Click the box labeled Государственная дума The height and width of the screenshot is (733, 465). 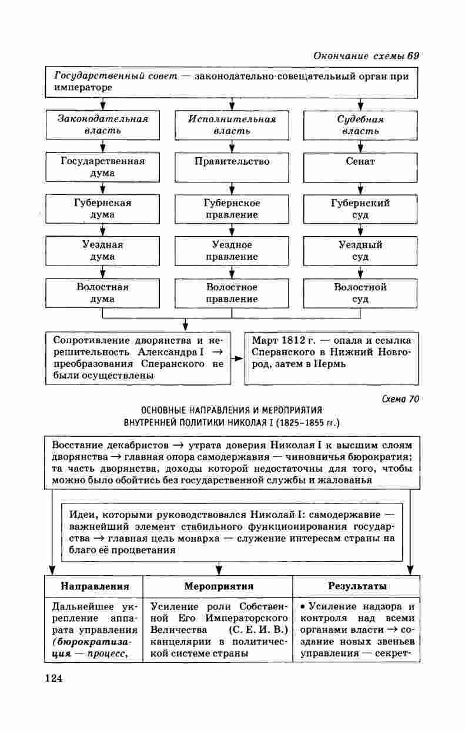point(102,167)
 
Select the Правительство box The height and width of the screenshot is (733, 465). point(232,167)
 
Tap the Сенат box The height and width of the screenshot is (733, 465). point(360,167)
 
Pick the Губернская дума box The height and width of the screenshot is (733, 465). point(102,208)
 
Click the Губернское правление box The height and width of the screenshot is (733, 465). point(232,208)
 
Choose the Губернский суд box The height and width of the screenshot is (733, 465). point(360,208)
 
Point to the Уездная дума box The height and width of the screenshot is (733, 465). point(102,250)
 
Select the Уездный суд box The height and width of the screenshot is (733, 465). point(360,250)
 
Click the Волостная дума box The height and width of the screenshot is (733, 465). point(102,293)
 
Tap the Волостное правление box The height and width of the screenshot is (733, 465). point(232,293)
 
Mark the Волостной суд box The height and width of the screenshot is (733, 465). point(360,293)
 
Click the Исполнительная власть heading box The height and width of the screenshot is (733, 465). point(232,124)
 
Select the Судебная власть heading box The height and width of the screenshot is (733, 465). point(360,124)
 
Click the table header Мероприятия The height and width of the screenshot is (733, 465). point(218,586)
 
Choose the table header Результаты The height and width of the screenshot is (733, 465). point(357,586)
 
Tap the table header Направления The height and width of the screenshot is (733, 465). point(95,586)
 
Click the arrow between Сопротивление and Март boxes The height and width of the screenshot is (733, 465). point(237,358)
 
